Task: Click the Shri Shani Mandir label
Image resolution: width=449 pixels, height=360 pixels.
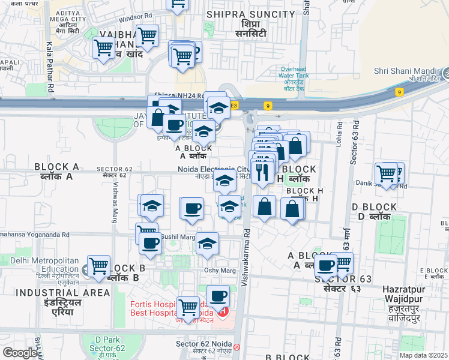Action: click(x=406, y=71)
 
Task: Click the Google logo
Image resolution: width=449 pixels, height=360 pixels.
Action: click(x=20, y=353)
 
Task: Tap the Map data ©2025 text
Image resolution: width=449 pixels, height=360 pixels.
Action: click(x=423, y=355)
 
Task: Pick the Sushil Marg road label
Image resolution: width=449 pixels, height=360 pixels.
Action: click(x=178, y=237)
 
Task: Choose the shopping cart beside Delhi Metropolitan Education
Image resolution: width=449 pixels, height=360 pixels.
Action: click(x=98, y=266)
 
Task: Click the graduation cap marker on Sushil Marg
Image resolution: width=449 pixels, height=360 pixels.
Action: click(x=208, y=244)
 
